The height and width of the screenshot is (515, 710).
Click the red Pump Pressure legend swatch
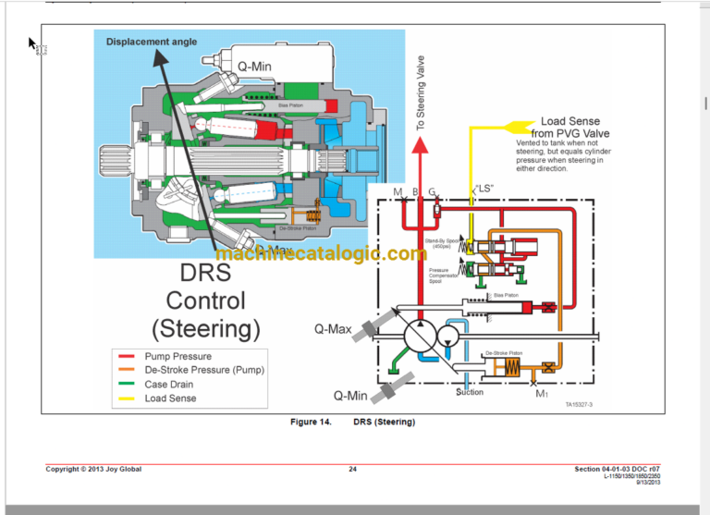click(128, 356)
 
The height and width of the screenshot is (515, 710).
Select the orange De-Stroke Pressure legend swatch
click(128, 370)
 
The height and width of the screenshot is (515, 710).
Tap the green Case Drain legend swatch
click(128, 384)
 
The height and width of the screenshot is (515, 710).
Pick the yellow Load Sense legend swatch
click(128, 399)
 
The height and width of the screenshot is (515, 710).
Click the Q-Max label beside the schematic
click(332, 328)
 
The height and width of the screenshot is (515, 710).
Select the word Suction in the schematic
click(470, 392)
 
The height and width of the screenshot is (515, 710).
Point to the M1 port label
click(543, 393)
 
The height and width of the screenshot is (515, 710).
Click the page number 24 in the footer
click(352, 469)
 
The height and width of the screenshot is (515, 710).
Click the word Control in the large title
click(205, 300)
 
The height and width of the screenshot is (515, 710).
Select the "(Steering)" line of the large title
click(205, 328)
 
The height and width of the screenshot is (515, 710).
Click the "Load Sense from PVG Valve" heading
click(569, 127)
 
